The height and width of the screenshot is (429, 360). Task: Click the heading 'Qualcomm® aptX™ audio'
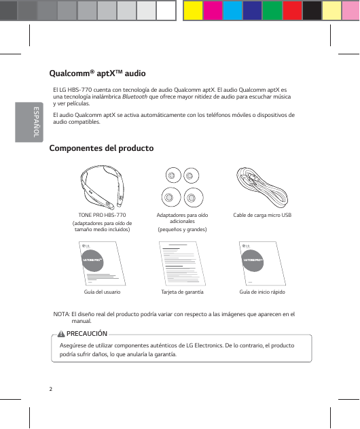[98, 73]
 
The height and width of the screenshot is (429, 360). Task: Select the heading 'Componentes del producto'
[102, 148]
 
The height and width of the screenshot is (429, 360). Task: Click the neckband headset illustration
[103, 188]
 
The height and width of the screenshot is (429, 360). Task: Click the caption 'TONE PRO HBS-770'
[103, 216]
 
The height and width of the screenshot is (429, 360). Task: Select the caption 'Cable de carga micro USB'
[262, 216]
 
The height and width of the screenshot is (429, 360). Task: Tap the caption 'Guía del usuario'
[103, 291]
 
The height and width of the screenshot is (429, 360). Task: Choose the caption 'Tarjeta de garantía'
[182, 291]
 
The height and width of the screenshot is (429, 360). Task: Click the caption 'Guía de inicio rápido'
[262, 291]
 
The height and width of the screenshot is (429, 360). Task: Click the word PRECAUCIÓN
[87, 334]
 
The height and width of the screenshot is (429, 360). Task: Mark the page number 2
[51, 389]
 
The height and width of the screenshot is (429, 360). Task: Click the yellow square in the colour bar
[193, 10]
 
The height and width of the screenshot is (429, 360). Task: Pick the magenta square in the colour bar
[213, 10]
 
